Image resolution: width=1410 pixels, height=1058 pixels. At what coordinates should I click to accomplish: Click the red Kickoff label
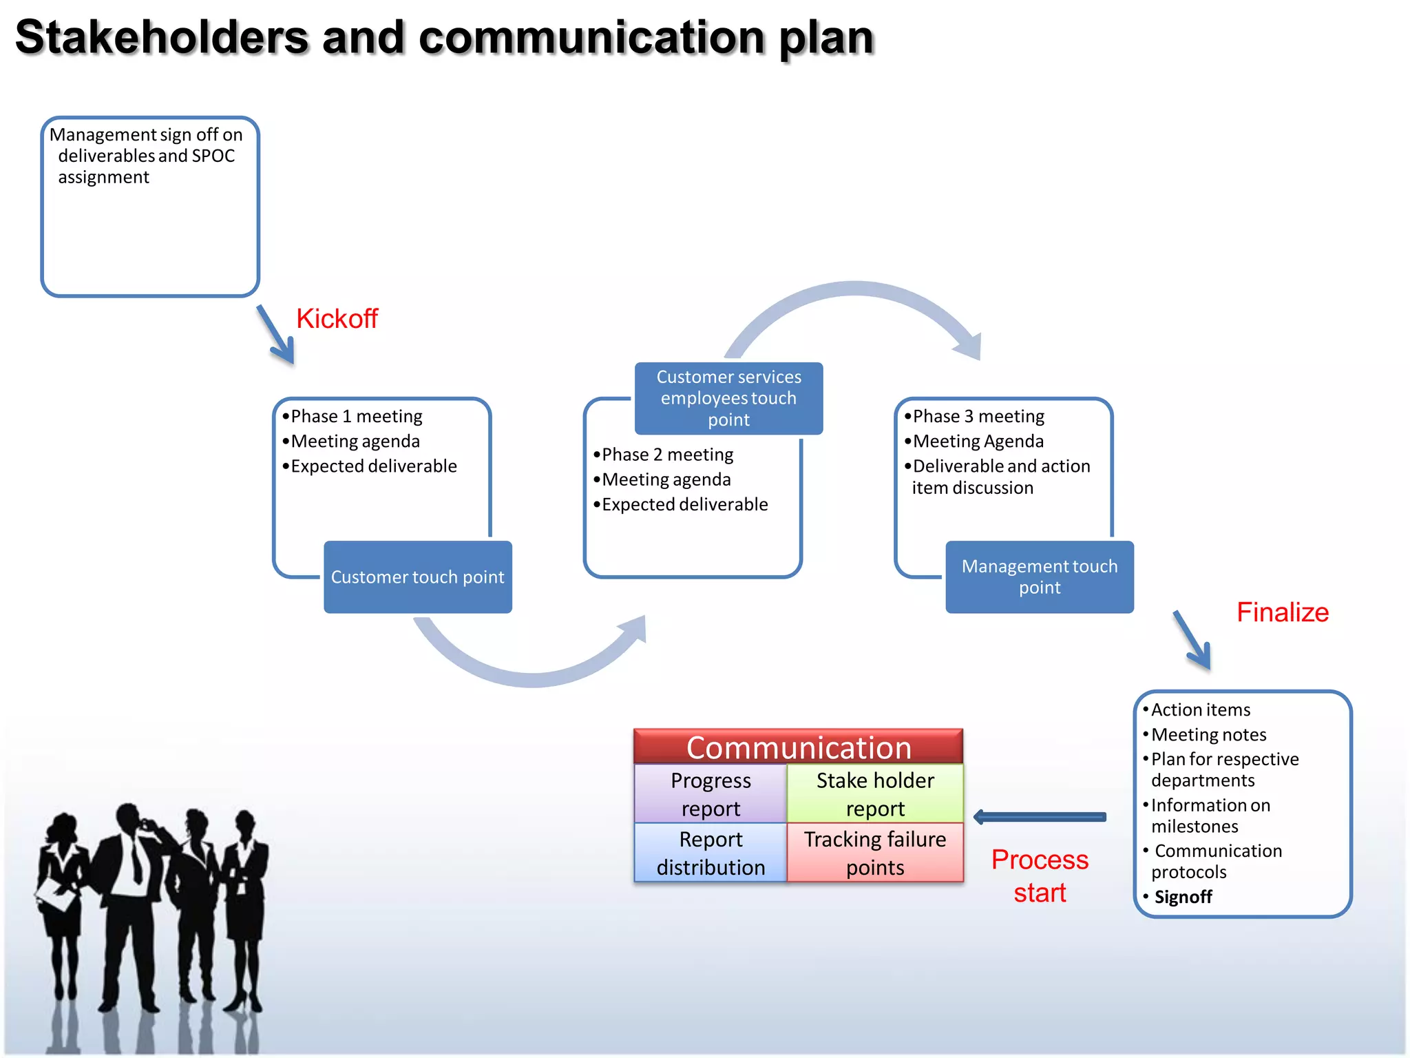click(337, 319)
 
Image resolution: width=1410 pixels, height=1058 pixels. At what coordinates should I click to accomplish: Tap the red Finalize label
click(1282, 612)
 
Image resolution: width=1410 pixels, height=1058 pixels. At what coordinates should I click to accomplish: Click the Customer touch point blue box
click(417, 577)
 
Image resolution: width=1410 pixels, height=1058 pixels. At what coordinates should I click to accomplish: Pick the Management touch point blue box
click(1039, 577)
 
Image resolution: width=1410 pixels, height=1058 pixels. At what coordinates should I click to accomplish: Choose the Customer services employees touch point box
click(728, 398)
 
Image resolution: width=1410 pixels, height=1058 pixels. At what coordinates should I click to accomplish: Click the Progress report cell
click(711, 794)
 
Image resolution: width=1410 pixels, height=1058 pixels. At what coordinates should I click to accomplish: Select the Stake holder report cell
click(874, 794)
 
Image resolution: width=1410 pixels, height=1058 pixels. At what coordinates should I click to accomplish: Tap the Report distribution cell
click(711, 853)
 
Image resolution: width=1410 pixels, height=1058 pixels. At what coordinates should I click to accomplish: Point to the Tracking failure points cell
click(874, 853)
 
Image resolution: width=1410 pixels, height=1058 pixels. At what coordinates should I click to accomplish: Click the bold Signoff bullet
click(1182, 897)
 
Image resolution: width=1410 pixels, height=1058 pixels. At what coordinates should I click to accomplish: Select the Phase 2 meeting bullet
click(666, 455)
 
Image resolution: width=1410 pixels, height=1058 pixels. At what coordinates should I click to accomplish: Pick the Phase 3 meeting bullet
click(978, 416)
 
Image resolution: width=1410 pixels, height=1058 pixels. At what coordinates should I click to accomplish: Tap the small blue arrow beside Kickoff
click(276, 335)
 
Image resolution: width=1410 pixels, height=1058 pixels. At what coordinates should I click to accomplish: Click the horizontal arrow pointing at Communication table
click(1040, 818)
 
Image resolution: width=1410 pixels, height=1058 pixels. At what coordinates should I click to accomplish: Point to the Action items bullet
click(1200, 709)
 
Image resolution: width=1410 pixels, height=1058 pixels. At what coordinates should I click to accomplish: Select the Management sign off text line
click(146, 134)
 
